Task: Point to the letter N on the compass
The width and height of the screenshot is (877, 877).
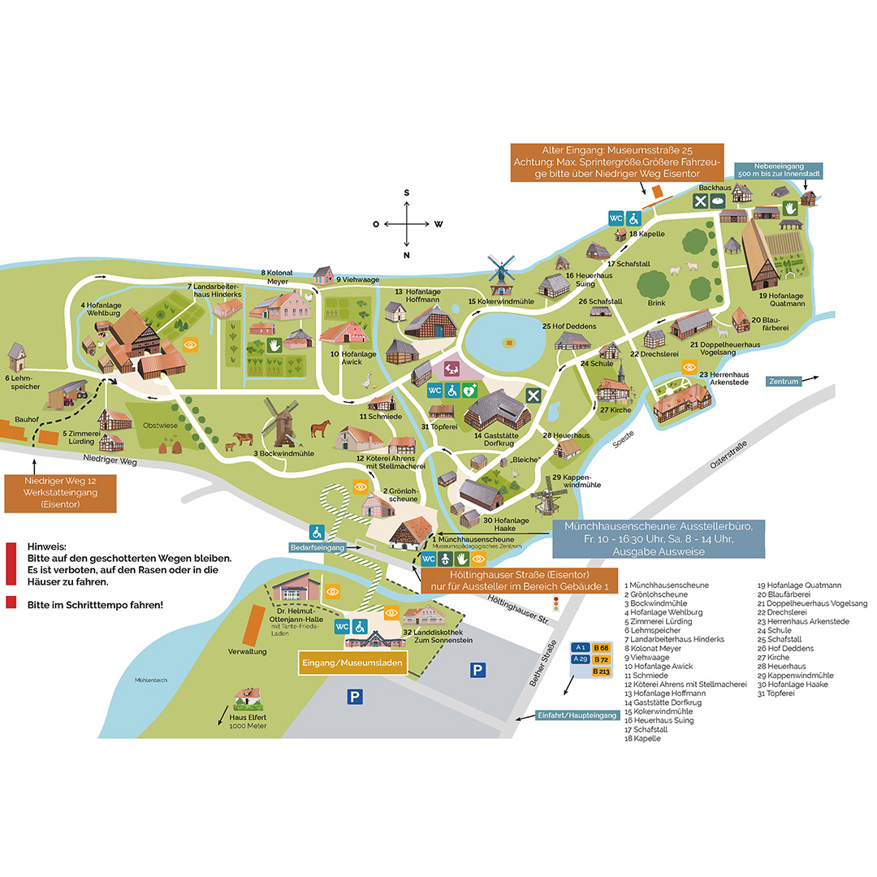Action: click(407, 256)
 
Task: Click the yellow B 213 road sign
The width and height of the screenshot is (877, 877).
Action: click(601, 672)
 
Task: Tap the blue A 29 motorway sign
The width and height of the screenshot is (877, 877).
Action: click(580, 659)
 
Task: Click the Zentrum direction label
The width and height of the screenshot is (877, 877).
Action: click(784, 380)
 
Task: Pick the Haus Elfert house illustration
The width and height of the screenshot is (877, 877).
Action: click(247, 698)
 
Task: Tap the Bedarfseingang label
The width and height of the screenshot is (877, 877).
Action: click(318, 549)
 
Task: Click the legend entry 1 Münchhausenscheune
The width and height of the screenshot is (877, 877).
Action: click(666, 585)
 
